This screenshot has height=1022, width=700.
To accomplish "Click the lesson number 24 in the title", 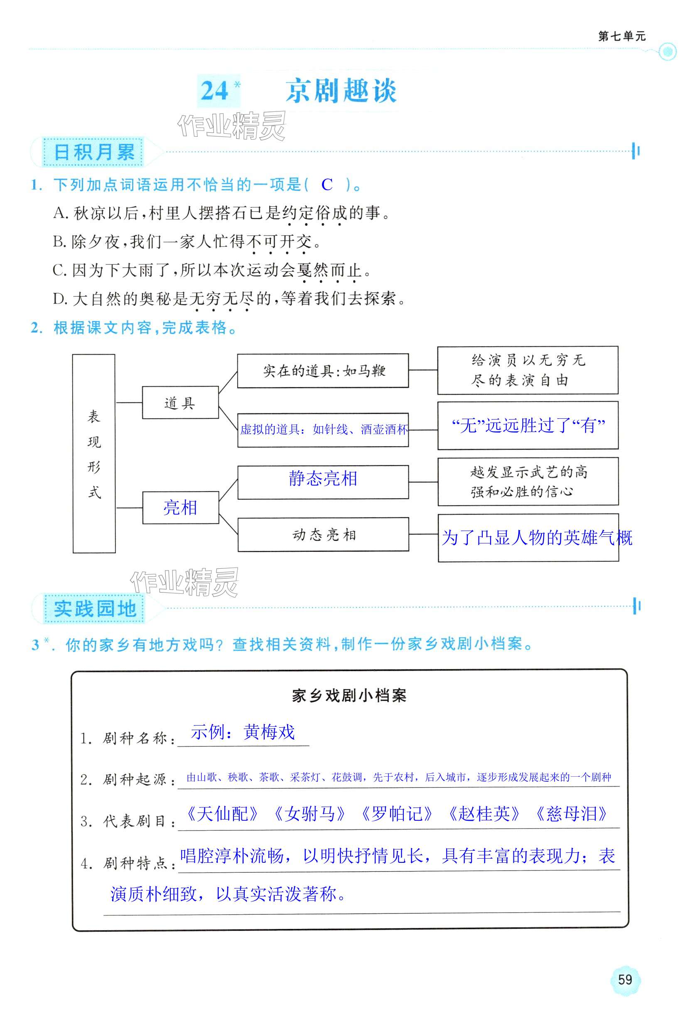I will [214, 91].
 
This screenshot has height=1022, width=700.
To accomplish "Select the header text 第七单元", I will [621, 36].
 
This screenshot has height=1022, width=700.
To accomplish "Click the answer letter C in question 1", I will [327, 185].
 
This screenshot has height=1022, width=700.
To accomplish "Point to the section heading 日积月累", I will [93, 153].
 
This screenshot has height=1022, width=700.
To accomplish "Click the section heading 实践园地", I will [94, 609].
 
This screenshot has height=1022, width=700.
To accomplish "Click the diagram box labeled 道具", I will [180, 402].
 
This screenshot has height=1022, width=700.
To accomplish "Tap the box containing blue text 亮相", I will [180, 508].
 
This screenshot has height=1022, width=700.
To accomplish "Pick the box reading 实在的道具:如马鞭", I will [323, 371].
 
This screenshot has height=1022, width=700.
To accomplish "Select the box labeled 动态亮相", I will [323, 535].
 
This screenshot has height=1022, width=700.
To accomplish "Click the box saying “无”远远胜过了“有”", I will [528, 425].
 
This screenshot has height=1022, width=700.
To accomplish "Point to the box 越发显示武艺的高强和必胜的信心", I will [528, 481].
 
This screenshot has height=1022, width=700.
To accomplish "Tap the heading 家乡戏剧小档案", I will [349, 696].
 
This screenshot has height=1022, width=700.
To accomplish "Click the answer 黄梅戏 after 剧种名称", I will [269, 732].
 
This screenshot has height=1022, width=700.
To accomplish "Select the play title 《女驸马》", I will [309, 814].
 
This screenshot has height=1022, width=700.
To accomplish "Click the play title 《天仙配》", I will [222, 814].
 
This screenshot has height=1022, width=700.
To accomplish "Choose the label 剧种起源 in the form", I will [135, 780].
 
